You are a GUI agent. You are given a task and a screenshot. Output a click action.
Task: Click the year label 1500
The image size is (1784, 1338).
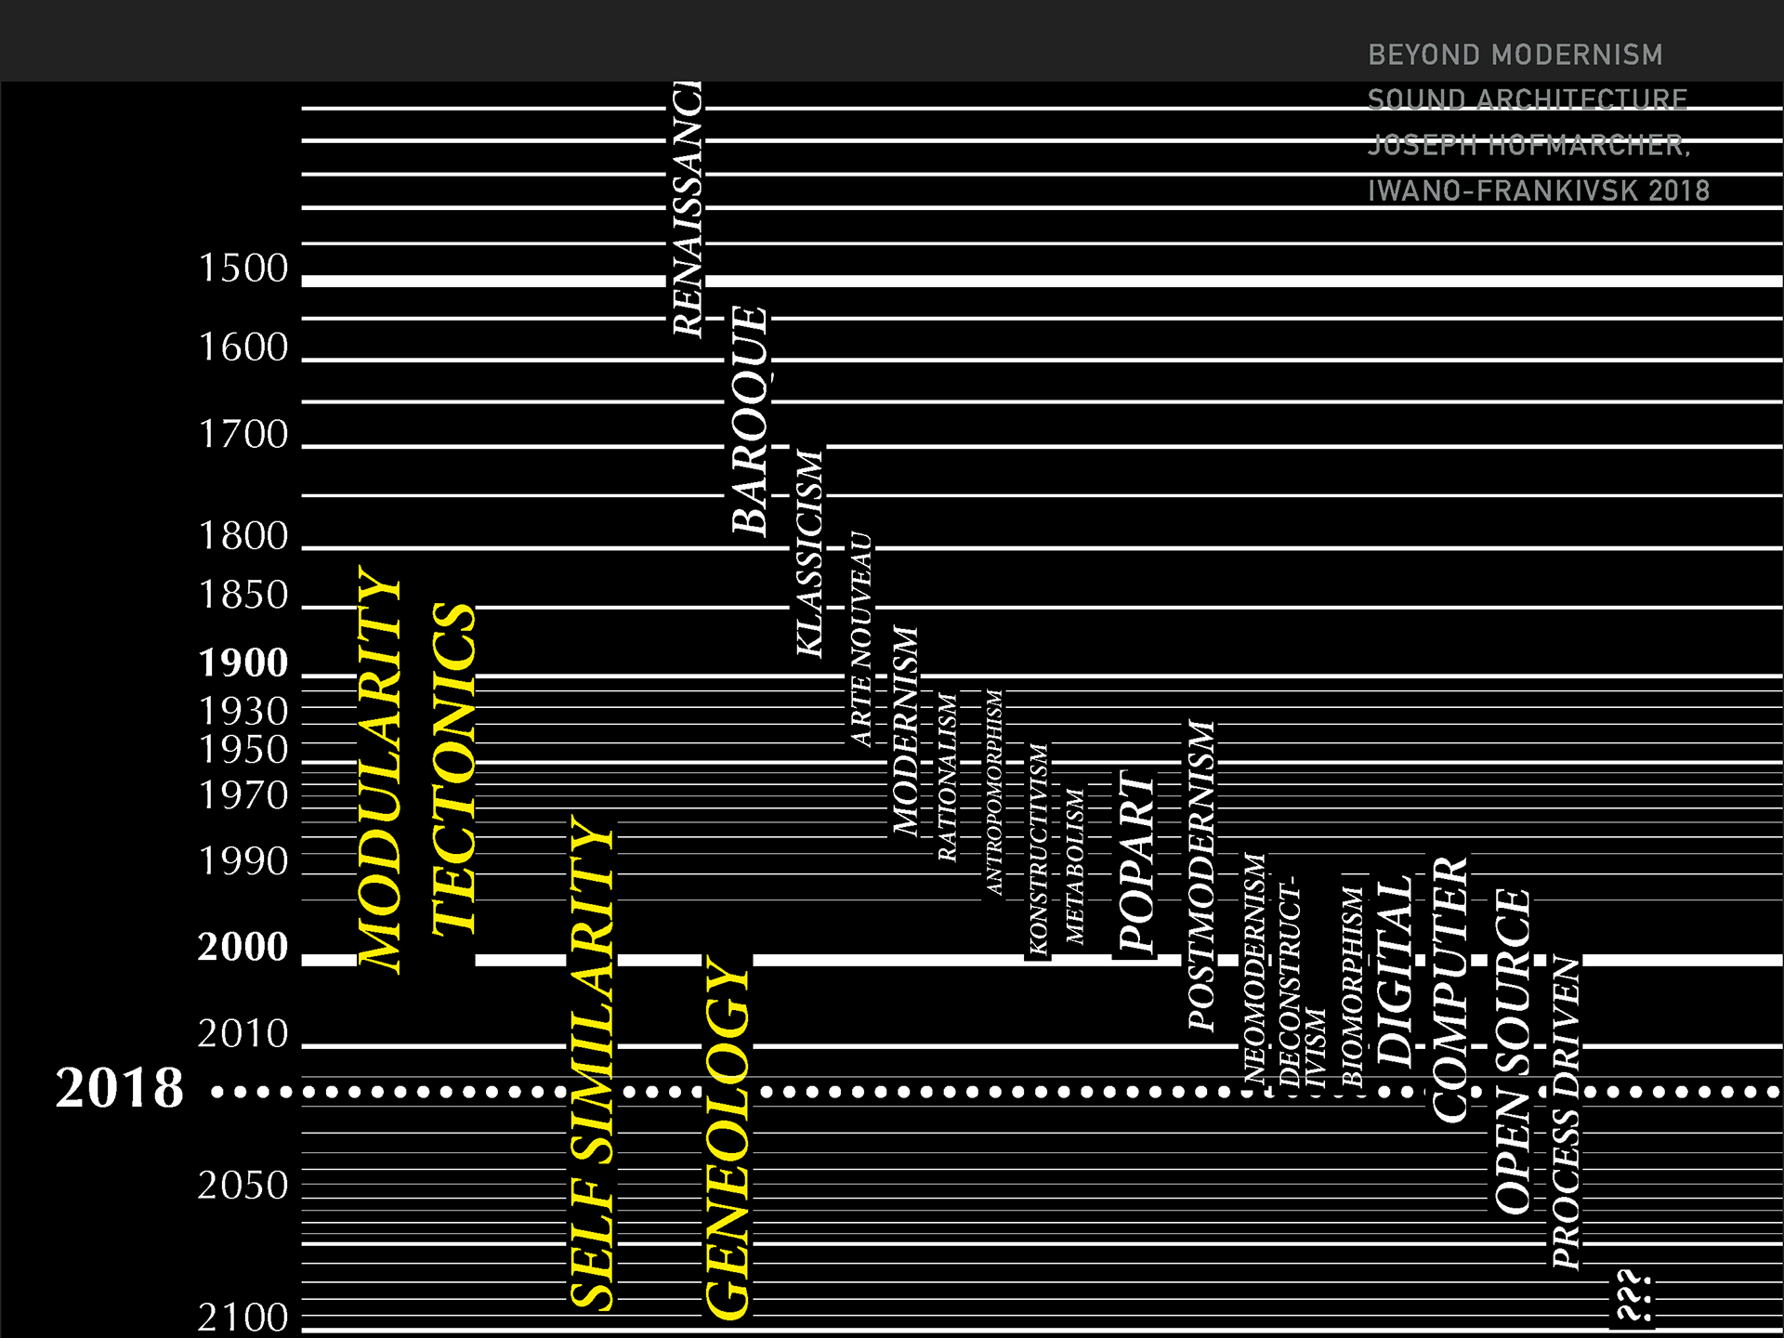tap(243, 269)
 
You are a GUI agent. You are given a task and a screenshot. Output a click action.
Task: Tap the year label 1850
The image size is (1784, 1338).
tap(243, 596)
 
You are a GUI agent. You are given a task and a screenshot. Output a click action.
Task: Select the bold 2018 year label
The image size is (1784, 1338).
tap(120, 1088)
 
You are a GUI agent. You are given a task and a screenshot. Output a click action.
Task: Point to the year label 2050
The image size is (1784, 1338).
tap(243, 1186)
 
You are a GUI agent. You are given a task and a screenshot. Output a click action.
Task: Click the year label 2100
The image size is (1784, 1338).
tap(243, 1318)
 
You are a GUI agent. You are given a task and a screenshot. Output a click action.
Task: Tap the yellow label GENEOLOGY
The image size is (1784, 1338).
tap(728, 1135)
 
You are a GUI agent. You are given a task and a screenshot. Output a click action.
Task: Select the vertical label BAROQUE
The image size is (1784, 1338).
tap(750, 420)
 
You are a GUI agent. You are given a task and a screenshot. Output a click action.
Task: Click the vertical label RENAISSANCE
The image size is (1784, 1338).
tap(688, 209)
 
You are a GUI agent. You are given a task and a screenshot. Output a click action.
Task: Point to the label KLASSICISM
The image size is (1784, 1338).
tap(810, 553)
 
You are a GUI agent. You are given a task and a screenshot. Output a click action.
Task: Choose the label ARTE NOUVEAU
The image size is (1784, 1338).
tap(861, 639)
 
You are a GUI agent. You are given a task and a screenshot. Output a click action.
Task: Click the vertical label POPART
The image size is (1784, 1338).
tap(1135, 862)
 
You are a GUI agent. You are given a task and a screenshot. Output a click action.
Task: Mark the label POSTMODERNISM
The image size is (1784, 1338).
tap(1201, 874)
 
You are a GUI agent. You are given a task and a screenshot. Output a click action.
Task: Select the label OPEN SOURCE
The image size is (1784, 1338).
tap(1513, 1051)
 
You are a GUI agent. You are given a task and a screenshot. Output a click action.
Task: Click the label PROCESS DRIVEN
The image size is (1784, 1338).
tap(1566, 1112)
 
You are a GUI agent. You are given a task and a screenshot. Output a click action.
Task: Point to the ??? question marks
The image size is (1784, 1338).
tap(1633, 1296)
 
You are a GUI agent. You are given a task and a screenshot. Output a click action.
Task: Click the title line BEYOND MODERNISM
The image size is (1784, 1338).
tap(1515, 55)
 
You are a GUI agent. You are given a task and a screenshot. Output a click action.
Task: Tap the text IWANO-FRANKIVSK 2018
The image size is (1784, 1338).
tap(1539, 191)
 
